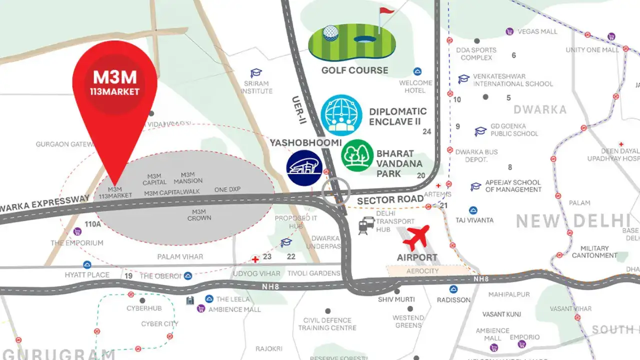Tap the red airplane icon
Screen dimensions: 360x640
416,237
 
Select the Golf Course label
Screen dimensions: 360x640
354,70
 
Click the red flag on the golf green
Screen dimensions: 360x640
386,11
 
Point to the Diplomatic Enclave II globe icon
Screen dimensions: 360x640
341,115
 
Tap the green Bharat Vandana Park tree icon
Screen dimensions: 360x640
357,155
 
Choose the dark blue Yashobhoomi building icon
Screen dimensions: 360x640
304,168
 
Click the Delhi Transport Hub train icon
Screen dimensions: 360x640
366,226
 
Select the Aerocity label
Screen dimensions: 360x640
422,271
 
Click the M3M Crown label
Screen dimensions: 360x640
199,215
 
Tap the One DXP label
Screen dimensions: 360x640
227,190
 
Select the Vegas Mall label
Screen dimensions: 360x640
537,31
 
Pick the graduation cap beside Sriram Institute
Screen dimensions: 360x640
256,73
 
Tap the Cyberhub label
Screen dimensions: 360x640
142,308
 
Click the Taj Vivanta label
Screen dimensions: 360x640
474,220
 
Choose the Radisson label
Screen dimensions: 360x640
453,299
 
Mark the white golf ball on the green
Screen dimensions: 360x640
330,33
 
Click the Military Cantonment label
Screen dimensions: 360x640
594,251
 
